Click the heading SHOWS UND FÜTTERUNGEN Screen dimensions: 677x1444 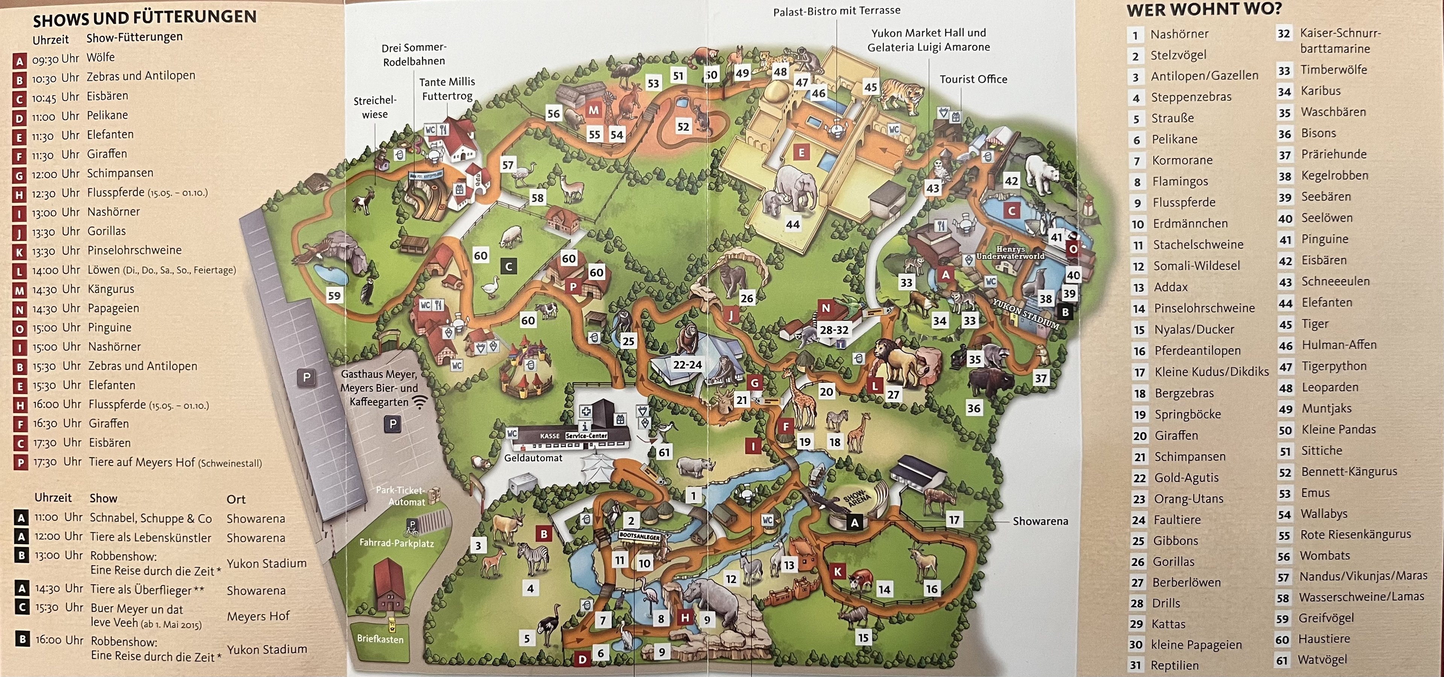click(145, 18)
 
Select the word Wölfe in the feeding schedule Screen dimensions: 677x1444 click(101, 57)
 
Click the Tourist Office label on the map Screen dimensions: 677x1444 click(973, 79)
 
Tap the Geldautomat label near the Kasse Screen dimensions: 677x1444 click(533, 458)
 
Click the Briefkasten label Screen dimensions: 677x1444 click(380, 639)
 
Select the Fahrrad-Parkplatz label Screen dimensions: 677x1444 click(396, 543)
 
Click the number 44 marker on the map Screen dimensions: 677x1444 click(793, 224)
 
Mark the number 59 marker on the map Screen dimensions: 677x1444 click(334, 295)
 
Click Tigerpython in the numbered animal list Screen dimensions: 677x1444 click(1334, 366)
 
